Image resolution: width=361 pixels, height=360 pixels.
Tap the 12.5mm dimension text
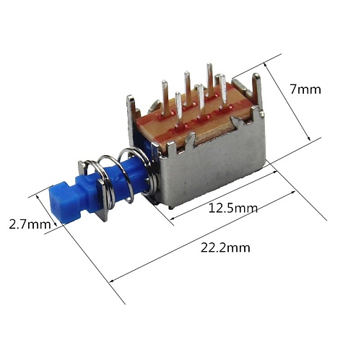click(x=232, y=208)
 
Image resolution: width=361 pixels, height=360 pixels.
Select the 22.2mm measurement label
click(x=226, y=247)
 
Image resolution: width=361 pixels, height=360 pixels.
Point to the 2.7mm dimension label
click(x=29, y=224)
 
